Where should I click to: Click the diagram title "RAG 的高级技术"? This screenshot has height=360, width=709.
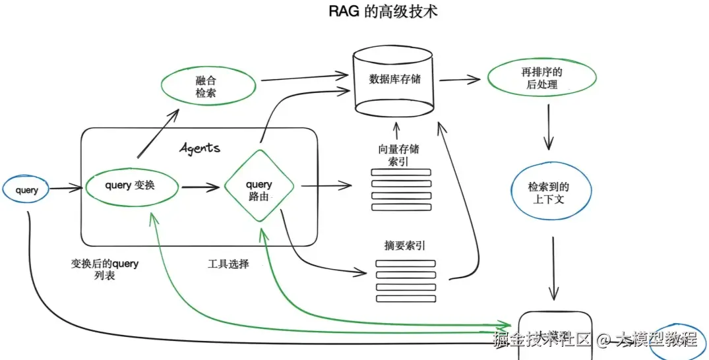(383, 13)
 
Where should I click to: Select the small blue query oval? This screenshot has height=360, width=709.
(27, 191)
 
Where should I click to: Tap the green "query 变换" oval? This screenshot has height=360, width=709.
(132, 186)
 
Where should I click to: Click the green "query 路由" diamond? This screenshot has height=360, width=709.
(259, 187)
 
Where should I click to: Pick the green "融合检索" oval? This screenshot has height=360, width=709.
(208, 87)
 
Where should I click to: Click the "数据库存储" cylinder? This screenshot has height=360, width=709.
(394, 80)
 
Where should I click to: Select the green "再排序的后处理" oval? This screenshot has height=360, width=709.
(541, 78)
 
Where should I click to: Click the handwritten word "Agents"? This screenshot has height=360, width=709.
(200, 147)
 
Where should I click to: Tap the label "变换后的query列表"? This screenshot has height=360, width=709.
(105, 270)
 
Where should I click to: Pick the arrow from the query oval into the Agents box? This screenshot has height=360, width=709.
(65, 189)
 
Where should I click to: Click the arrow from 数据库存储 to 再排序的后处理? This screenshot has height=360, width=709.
(459, 80)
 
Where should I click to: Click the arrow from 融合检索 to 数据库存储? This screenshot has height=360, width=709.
(303, 76)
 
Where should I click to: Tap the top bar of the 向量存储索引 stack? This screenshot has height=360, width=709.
(400, 173)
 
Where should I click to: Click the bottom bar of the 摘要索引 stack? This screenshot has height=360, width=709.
(406, 298)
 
